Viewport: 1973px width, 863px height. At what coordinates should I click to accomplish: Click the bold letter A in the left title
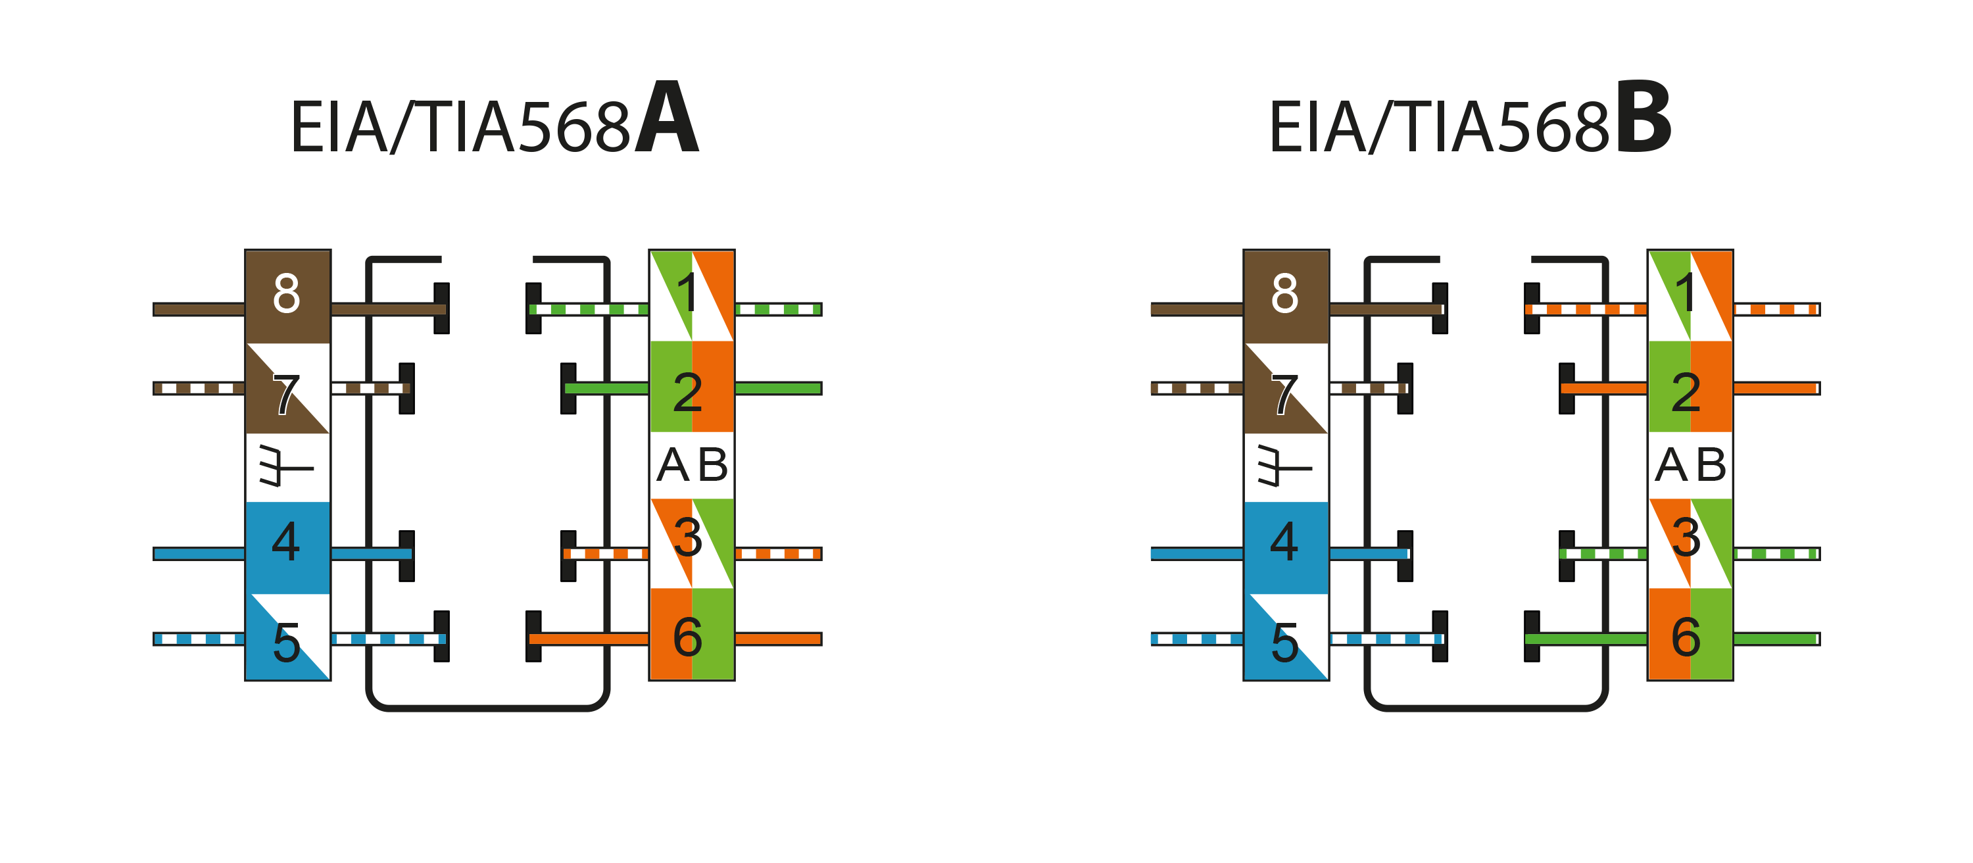click(x=666, y=118)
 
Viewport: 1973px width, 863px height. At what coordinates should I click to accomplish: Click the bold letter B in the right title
click(x=1644, y=118)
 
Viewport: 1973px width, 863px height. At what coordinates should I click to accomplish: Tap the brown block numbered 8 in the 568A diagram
click(x=287, y=295)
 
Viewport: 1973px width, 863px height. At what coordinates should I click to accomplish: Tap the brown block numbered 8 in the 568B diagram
click(x=1286, y=295)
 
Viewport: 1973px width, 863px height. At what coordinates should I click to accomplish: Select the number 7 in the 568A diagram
click(x=285, y=395)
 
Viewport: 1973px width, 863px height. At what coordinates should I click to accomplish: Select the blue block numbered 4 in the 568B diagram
click(x=1286, y=545)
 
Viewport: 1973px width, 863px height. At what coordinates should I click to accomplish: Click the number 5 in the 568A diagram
click(x=285, y=642)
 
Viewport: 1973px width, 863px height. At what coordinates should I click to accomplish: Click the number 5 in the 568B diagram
click(x=1284, y=642)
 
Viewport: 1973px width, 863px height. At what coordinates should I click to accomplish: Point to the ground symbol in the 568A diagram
click(x=285, y=466)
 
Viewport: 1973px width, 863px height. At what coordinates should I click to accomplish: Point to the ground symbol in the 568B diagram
click(x=1284, y=466)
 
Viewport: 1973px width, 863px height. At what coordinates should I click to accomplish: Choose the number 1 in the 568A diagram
click(x=688, y=293)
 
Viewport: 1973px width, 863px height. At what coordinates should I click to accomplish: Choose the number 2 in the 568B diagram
click(x=1686, y=392)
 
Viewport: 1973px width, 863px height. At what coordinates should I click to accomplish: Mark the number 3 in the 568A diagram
click(x=688, y=537)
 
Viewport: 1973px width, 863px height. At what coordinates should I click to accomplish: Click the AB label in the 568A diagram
click(x=693, y=465)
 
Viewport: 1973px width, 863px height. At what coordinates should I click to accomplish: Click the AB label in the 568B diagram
click(x=1690, y=465)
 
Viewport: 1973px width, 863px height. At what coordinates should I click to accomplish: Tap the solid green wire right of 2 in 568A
click(x=777, y=388)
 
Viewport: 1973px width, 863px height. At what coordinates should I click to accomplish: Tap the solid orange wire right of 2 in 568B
click(x=1776, y=388)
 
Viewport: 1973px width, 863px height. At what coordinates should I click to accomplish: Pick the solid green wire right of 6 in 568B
click(x=1776, y=639)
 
